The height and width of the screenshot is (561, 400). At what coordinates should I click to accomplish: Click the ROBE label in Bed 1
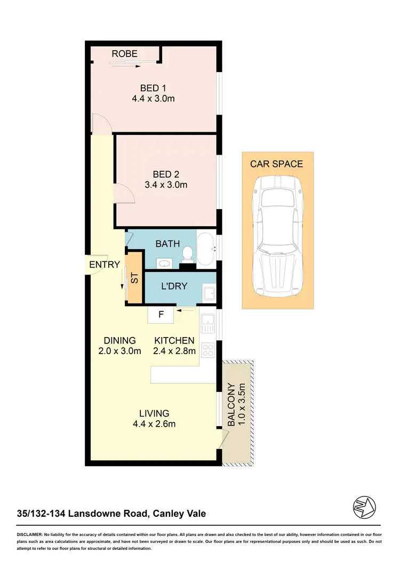pyautogui.click(x=124, y=54)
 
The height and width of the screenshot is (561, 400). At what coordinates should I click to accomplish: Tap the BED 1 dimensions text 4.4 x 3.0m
pyautogui.click(x=154, y=99)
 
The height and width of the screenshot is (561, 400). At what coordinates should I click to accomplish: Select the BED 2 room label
pyautogui.click(x=166, y=174)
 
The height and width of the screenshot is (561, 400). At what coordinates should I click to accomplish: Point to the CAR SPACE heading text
pyautogui.click(x=277, y=164)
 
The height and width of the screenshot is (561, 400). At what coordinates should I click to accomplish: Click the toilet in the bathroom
pyautogui.click(x=187, y=253)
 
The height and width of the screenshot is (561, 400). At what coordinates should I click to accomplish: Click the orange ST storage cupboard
pyautogui.click(x=134, y=278)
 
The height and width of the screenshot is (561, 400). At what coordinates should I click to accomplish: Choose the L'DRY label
pyautogui.click(x=174, y=286)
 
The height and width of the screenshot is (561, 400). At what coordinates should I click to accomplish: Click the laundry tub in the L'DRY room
pyautogui.click(x=209, y=293)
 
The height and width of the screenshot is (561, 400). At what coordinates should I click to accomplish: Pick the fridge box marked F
pyautogui.click(x=161, y=315)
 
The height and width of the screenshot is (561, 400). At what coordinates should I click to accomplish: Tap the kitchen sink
pyautogui.click(x=207, y=323)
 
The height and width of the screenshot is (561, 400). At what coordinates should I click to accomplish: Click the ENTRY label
pyautogui.click(x=105, y=265)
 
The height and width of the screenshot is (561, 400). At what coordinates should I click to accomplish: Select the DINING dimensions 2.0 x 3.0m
pyautogui.click(x=119, y=351)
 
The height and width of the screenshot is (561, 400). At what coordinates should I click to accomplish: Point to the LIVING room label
pyautogui.click(x=154, y=413)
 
